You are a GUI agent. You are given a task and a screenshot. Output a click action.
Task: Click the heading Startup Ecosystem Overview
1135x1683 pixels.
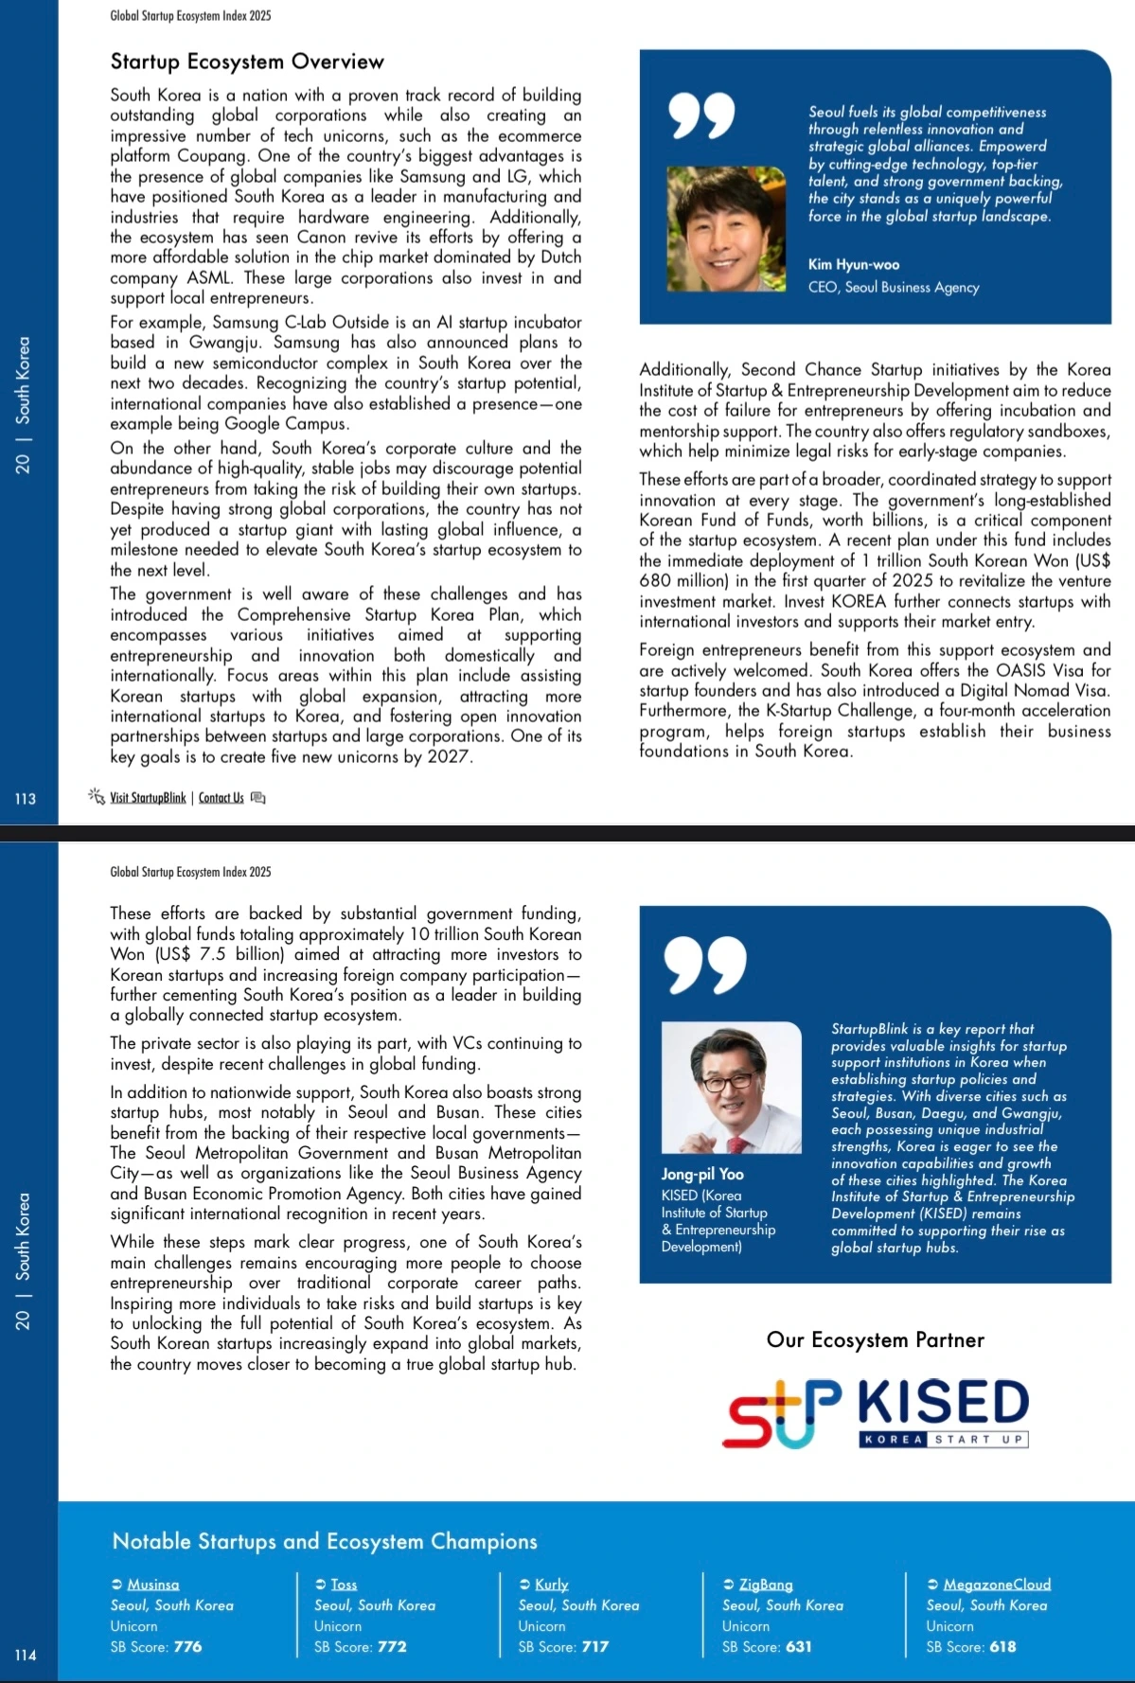tap(247, 62)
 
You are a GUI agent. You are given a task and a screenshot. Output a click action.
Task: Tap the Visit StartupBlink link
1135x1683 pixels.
tap(148, 798)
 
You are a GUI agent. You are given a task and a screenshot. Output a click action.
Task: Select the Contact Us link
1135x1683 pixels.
tap(222, 798)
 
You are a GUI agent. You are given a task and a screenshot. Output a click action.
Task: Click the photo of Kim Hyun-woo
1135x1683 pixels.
tap(725, 229)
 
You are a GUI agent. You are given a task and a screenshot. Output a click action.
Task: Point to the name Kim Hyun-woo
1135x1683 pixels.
tap(853, 265)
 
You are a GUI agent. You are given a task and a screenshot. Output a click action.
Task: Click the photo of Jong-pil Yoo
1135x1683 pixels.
tap(731, 1088)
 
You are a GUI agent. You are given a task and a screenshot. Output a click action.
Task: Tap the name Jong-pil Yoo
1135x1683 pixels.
tap(702, 1174)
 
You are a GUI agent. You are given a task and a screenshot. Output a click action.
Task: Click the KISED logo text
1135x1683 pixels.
tap(943, 1404)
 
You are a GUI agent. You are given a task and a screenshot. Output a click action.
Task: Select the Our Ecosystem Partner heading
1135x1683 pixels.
tap(875, 1339)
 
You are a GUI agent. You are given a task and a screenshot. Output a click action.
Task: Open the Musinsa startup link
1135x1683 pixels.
tap(152, 1584)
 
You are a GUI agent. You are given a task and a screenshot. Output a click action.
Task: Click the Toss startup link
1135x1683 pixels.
tap(344, 1584)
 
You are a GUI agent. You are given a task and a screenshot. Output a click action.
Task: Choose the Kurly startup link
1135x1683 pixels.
tap(551, 1584)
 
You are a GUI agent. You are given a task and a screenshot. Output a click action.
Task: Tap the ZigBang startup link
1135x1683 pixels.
tap(766, 1584)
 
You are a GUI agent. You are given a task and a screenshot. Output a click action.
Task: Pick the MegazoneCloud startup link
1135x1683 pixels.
tap(997, 1584)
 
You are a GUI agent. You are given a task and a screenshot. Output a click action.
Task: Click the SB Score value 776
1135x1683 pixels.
tap(187, 1646)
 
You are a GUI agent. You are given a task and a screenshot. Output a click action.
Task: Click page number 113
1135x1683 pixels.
tap(26, 799)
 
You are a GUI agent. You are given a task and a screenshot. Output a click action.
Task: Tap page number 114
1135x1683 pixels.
tap(26, 1655)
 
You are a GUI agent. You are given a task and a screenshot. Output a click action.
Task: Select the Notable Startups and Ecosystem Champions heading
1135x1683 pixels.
tap(325, 1541)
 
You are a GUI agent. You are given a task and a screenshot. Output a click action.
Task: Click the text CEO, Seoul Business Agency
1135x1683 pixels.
tap(893, 288)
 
